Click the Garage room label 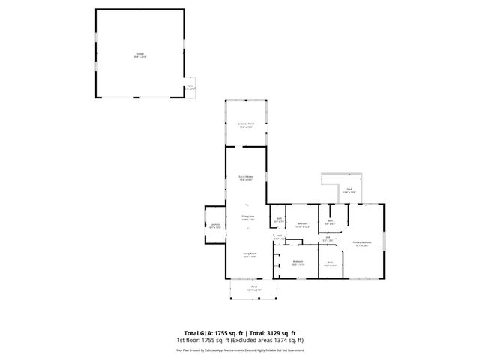pyautogui.click(x=139, y=55)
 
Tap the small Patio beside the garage pyautogui.click(x=190, y=87)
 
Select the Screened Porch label pyautogui.click(x=246, y=125)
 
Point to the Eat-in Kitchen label pyautogui.click(x=246, y=178)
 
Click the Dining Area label pyautogui.click(x=247, y=217)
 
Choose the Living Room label pyautogui.click(x=249, y=254)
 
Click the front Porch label pyautogui.click(x=254, y=287)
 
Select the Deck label pyautogui.click(x=349, y=190)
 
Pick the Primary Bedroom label pyautogui.click(x=362, y=243)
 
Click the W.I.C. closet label pyautogui.click(x=330, y=262)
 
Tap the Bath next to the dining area pyautogui.click(x=279, y=220)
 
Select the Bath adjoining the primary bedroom pyautogui.click(x=330, y=221)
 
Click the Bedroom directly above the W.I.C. pyautogui.click(x=303, y=224)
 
